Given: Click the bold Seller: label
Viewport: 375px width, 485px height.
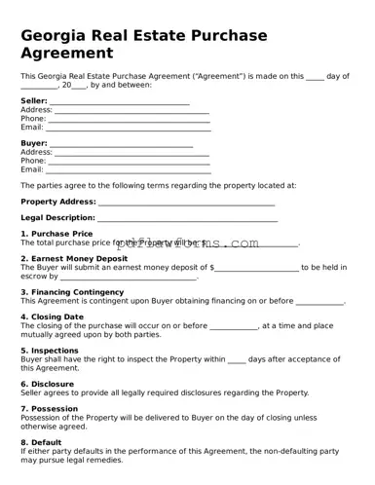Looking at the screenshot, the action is [34, 101].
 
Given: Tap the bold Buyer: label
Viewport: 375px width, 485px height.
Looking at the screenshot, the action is [34, 144].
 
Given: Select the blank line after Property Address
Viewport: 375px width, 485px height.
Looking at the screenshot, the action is [186, 203].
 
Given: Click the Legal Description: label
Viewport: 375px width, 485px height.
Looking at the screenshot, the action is [57, 218].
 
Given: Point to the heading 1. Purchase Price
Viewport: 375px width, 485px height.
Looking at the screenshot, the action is [56, 234].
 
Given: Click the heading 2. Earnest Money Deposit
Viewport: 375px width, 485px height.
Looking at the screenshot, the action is [74, 259].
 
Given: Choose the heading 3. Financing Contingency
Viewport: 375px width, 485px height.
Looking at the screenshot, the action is [72, 292].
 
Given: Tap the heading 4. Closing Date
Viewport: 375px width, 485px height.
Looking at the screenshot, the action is [53, 317].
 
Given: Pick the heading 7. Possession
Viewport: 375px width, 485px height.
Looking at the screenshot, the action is [50, 409].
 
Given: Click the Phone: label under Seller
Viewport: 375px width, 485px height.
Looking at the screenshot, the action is [33, 119].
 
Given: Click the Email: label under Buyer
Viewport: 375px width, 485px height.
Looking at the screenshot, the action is [32, 169].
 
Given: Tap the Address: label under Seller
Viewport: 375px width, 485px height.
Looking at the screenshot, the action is [36, 110].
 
